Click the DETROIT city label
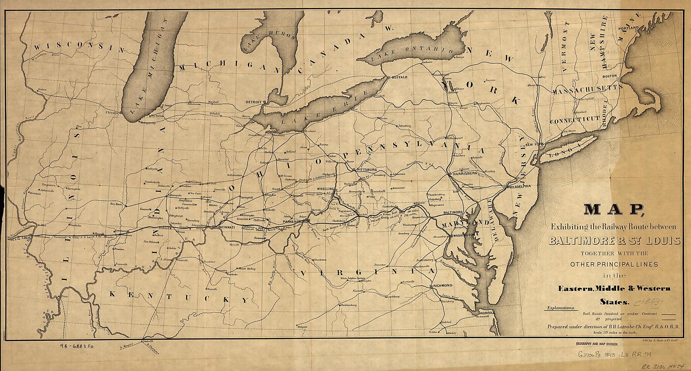pos(254,101)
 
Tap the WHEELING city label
pos(325,189)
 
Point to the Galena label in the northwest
pos(42,89)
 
